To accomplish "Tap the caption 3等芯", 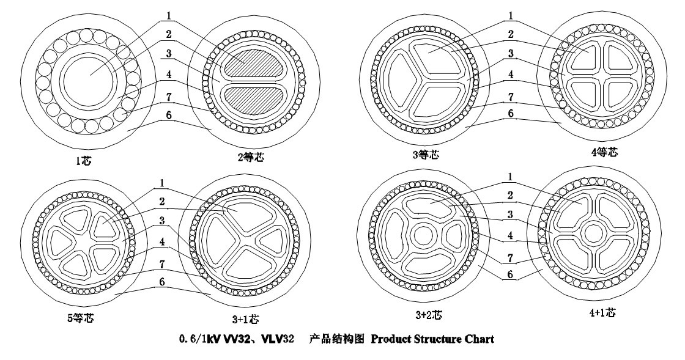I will [425, 155].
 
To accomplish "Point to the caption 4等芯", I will [604, 152].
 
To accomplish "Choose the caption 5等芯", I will [80, 318].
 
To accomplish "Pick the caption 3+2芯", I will [428, 316].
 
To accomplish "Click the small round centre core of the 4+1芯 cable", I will [593, 233].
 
